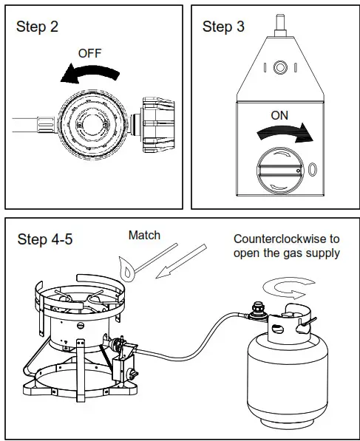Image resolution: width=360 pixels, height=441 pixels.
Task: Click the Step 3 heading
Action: (223, 27)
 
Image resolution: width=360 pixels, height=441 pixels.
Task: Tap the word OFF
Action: (90, 54)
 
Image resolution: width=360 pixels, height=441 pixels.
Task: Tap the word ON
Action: (279, 115)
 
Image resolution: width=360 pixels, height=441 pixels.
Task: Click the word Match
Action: (144, 236)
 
